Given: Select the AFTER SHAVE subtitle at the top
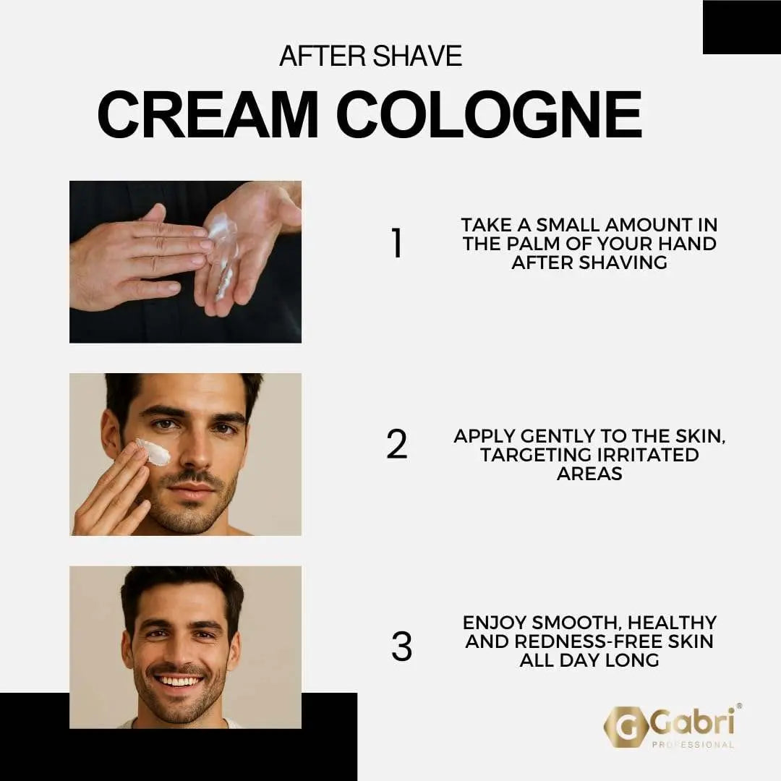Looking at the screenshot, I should point(370,56).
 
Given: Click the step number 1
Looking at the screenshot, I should point(396,244).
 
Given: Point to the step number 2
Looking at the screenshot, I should point(397,444).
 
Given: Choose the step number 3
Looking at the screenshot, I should point(401,647).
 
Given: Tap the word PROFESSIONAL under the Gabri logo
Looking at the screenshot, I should point(693,745).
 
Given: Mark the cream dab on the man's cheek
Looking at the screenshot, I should point(153,452).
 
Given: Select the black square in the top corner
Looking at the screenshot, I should point(741,27).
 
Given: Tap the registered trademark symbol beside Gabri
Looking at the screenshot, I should point(738,706).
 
